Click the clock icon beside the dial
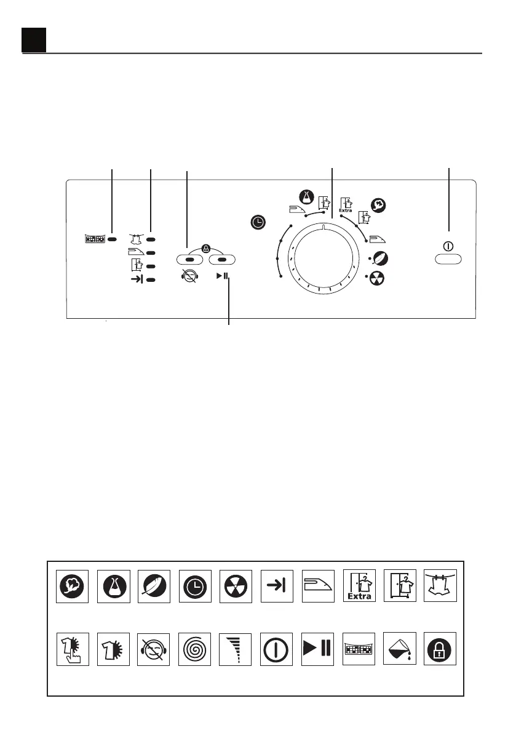click(258, 222)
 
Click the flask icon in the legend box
click(114, 586)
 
